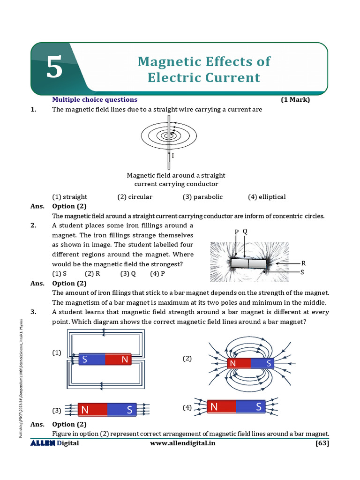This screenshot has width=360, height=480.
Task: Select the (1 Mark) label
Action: point(295,99)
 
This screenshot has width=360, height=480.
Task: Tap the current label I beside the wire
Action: point(173,156)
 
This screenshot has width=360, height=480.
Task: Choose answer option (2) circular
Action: point(135,197)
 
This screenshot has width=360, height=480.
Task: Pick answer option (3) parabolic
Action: point(202,197)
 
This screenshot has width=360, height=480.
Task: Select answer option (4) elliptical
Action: point(266,197)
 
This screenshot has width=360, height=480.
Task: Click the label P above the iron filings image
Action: point(237,232)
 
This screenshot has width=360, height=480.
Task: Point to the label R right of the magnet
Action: point(303,263)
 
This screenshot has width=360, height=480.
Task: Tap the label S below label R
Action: point(302,272)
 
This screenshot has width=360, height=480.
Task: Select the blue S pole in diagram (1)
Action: point(91,360)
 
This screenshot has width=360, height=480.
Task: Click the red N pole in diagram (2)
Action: point(239,363)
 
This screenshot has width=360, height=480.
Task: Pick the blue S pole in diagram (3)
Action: point(122,410)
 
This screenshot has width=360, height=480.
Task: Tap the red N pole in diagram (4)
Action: point(221,407)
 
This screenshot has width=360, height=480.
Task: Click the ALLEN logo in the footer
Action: point(43,443)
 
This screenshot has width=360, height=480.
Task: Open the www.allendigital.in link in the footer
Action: point(183,443)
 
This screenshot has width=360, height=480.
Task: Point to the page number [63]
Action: point(322,443)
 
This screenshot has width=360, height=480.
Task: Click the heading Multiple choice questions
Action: point(95,99)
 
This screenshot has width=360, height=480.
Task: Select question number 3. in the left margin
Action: point(33,312)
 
